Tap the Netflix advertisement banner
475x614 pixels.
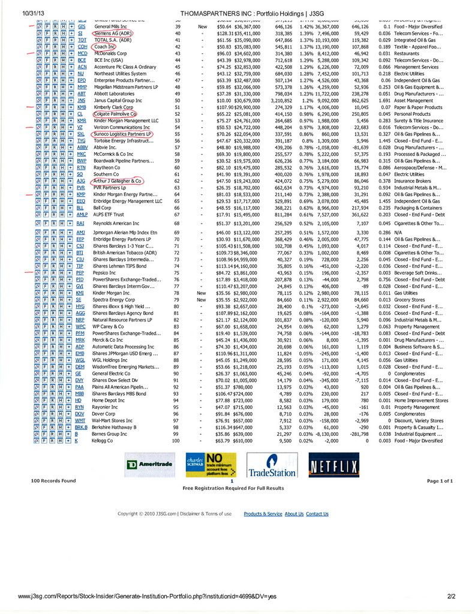(x=333, y=464)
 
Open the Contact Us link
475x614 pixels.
(x=317, y=514)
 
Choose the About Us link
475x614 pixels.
(x=294, y=514)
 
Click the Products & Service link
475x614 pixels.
(x=263, y=514)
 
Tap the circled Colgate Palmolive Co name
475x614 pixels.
(x=115, y=113)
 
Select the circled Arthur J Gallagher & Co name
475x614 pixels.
(x=117, y=180)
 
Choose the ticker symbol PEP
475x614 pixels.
(x=82, y=272)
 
